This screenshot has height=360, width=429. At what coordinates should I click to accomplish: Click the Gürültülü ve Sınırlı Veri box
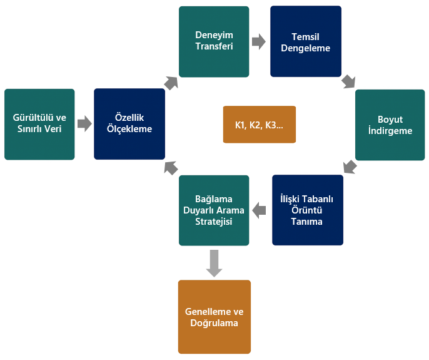tap(39, 125)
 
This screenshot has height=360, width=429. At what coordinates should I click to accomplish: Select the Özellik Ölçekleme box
tap(129, 124)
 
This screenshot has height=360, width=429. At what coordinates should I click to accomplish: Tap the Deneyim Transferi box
tap(214, 42)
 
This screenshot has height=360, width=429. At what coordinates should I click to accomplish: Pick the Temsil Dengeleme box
tap(306, 41)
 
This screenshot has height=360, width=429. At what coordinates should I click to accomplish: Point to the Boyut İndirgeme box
tap(390, 125)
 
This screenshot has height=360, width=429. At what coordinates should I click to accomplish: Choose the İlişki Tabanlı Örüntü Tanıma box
tap(308, 210)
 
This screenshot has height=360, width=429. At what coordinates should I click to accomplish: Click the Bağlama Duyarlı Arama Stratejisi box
tap(214, 210)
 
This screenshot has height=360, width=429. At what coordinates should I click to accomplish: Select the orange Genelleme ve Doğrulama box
tap(214, 317)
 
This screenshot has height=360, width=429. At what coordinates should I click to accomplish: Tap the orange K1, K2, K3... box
tap(260, 125)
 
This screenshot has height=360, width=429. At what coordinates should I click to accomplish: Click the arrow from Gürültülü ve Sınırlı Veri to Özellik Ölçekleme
tap(84, 124)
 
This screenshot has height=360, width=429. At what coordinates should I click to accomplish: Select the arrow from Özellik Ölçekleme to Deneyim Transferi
tap(171, 83)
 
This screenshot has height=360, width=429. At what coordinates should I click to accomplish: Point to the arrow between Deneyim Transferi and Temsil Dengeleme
tap(259, 42)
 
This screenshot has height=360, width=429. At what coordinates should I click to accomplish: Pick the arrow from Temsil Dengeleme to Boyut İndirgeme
tap(348, 81)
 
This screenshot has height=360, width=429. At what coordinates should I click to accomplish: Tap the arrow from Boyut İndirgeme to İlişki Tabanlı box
tap(350, 167)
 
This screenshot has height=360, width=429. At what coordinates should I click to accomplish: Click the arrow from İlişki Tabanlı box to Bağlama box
tap(259, 211)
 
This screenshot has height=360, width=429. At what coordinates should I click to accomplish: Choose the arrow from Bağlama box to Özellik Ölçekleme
tap(171, 168)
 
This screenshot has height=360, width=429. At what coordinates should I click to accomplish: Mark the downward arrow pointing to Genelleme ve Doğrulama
tap(214, 264)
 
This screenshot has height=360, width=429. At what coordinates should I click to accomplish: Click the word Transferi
tap(214, 46)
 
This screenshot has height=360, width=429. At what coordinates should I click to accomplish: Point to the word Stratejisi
tap(214, 222)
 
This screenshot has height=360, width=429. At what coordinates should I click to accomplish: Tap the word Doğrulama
tap(214, 323)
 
